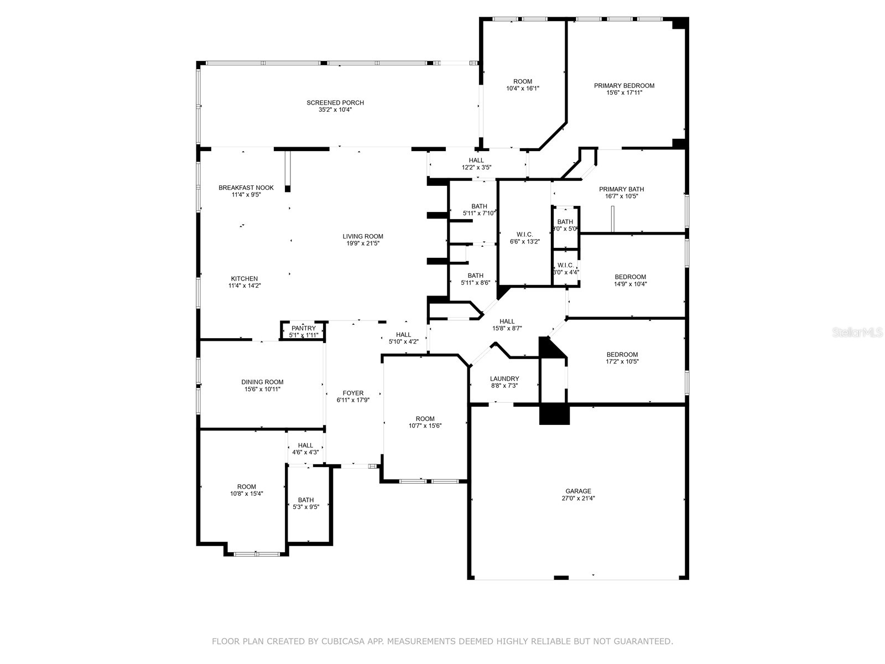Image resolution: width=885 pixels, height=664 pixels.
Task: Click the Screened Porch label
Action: (x=335, y=103)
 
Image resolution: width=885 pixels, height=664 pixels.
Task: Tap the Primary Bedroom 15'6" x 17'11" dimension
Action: (x=624, y=93)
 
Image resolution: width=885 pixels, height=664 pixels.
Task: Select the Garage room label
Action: (x=578, y=491)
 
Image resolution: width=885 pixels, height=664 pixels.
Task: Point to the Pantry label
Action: (x=304, y=329)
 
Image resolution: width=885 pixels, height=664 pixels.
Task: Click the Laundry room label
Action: (x=504, y=379)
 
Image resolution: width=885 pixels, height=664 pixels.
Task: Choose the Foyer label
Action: (x=353, y=393)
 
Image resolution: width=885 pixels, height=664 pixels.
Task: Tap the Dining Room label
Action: (x=262, y=382)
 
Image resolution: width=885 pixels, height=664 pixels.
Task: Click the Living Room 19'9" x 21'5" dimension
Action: (x=362, y=243)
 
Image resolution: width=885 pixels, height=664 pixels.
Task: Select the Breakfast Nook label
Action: (x=246, y=188)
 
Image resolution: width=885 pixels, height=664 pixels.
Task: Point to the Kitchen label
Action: (x=244, y=279)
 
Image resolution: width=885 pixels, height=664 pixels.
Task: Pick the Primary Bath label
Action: (x=621, y=189)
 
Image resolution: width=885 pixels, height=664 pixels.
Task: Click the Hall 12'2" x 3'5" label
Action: (x=476, y=160)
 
